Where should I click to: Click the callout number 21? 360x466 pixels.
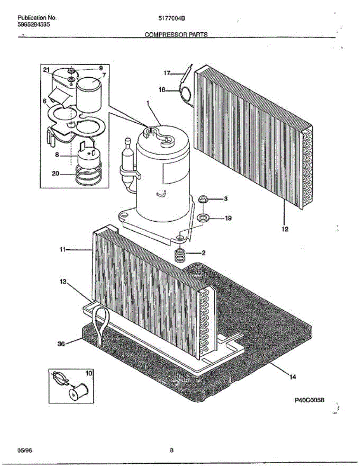click(x=46, y=70)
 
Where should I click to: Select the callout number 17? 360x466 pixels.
click(x=167, y=73)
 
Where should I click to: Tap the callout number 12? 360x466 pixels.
click(x=285, y=229)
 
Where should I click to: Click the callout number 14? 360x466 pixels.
click(x=293, y=377)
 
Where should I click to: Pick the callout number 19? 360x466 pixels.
click(x=228, y=218)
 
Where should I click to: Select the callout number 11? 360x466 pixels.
click(x=63, y=249)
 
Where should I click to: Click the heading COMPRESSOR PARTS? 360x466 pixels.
click(x=176, y=34)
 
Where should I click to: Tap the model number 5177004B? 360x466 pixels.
click(x=172, y=18)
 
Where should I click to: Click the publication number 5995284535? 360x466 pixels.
click(x=34, y=24)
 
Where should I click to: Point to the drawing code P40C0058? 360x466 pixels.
click(x=310, y=400)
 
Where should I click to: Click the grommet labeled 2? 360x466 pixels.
click(x=180, y=255)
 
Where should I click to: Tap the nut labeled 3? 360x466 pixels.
click(x=203, y=199)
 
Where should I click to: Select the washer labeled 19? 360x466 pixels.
click(x=202, y=218)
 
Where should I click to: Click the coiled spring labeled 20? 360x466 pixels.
click(x=88, y=173)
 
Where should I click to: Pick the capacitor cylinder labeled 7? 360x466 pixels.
click(x=89, y=95)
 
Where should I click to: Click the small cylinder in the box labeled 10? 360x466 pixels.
click(x=78, y=393)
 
